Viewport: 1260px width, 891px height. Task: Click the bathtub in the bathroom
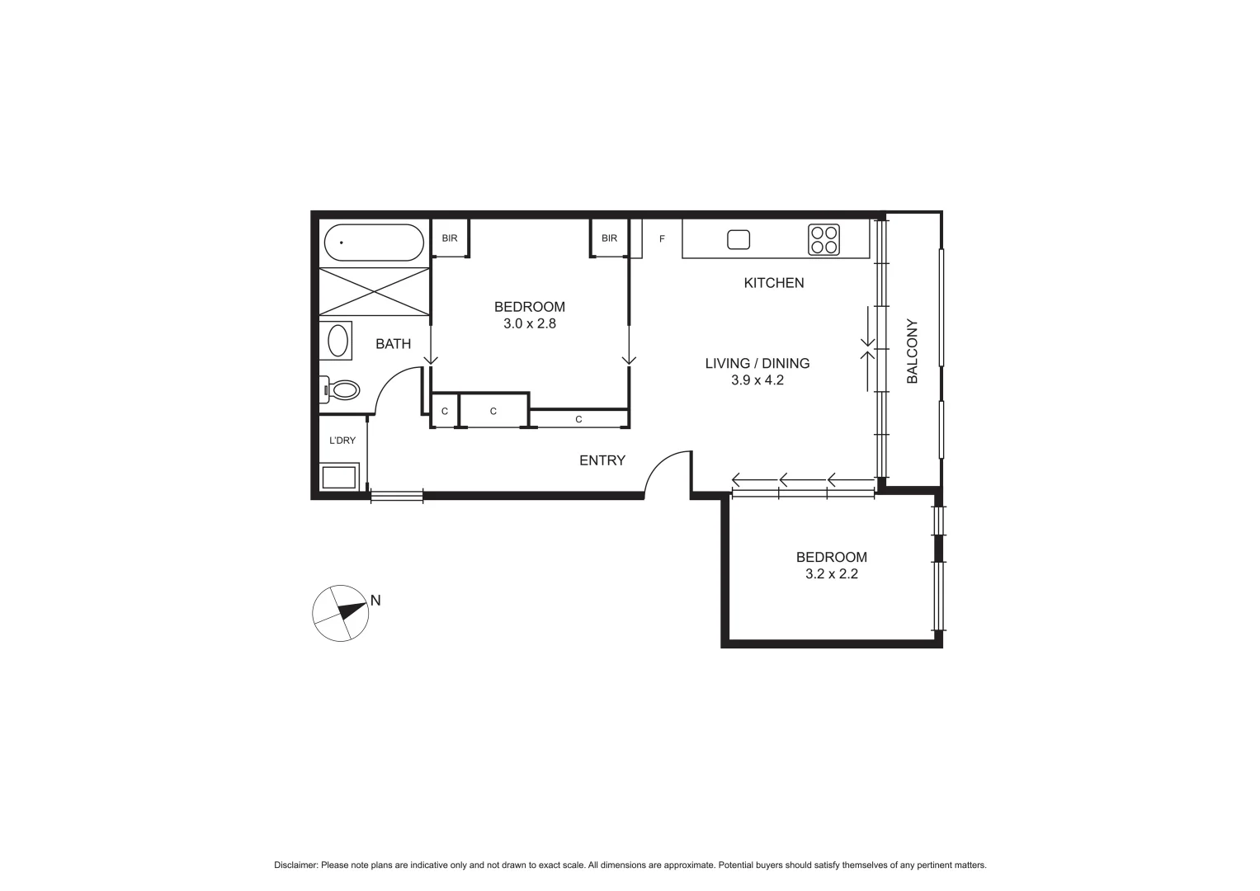tap(374, 243)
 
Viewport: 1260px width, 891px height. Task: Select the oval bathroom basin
tap(337, 340)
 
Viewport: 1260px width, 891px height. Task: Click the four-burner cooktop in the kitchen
tap(823, 239)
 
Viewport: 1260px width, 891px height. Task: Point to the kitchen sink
tap(739, 239)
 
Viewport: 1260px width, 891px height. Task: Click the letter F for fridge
tap(662, 239)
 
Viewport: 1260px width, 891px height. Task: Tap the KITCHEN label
tap(773, 283)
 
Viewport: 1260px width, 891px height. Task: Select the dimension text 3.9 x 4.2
tap(757, 380)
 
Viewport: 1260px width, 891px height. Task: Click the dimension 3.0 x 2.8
tap(530, 323)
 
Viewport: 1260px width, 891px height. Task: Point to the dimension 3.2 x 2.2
tap(831, 574)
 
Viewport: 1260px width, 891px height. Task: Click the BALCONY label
tap(912, 351)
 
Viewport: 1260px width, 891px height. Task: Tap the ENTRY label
tap(602, 460)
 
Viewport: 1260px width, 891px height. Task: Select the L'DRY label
tap(342, 441)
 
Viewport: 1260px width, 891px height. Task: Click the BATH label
tap(393, 344)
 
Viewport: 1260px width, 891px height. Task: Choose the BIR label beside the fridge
tap(609, 238)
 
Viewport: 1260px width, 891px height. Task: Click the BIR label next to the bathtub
tap(449, 238)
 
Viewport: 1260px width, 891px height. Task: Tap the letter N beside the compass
tap(375, 601)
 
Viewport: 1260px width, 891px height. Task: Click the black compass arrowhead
tap(353, 611)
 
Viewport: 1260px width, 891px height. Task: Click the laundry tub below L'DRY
tap(339, 477)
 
